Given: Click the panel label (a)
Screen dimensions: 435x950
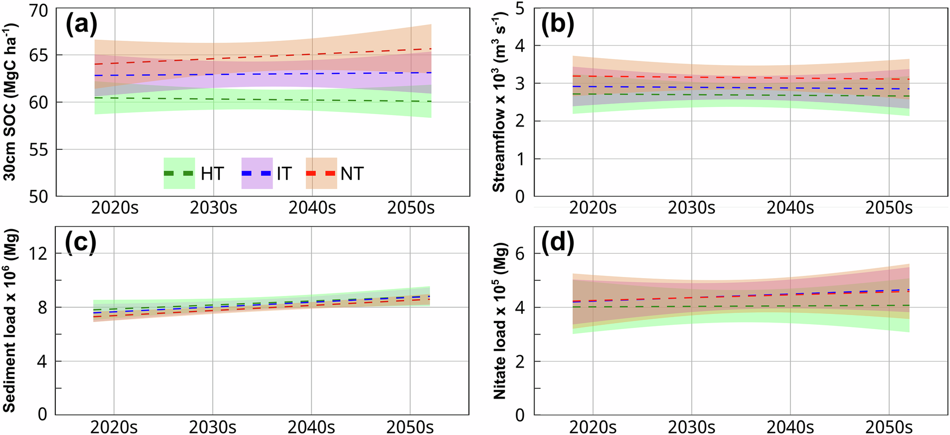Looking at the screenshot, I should pos(81,25).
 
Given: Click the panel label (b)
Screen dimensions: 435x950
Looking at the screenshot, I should pos(559,25).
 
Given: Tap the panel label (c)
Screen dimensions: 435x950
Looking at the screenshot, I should pos(80,243).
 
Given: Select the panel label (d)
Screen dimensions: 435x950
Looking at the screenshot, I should pos(559,243).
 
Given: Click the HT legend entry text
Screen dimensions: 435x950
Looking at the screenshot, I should pos(212,174).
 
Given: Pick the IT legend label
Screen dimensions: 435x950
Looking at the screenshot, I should pos(284,174).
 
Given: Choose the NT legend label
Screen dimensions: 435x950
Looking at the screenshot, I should pos(352,174).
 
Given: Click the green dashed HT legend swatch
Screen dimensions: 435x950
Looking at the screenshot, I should pos(179,173).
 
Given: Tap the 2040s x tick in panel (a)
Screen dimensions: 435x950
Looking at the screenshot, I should pos(312,208).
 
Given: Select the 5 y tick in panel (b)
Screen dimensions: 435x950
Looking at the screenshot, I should pos(520,9).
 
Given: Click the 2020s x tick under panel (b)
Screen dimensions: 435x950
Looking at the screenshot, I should pos(593,208).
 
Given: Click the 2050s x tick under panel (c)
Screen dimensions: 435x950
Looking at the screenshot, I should pos(410,427).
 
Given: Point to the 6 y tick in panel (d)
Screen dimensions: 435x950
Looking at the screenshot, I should pos(520,254).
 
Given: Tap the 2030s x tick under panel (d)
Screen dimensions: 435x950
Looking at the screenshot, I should pos(692,427).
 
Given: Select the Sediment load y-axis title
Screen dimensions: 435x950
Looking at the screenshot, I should pos(11,320).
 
